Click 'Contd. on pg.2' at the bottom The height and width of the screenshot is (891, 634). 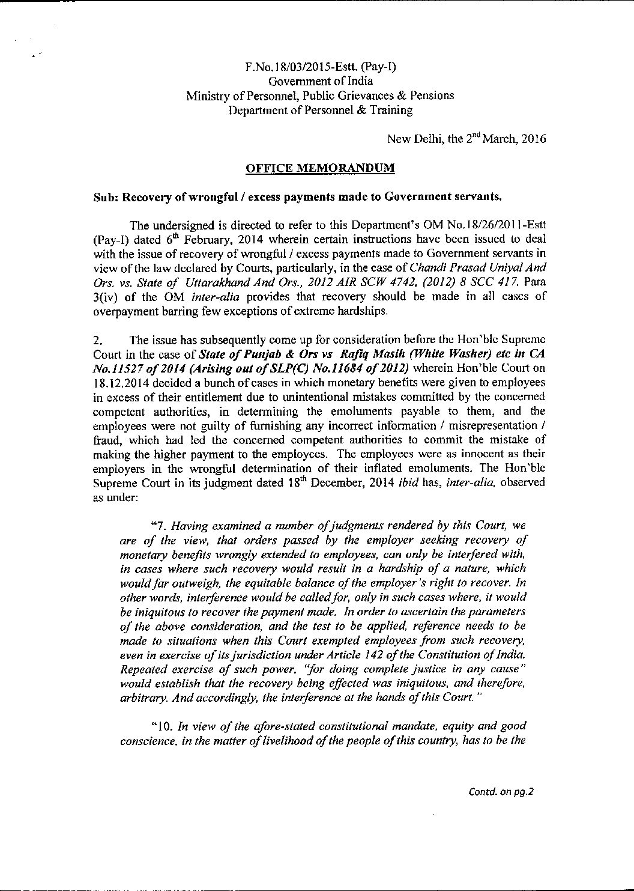[501, 791]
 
